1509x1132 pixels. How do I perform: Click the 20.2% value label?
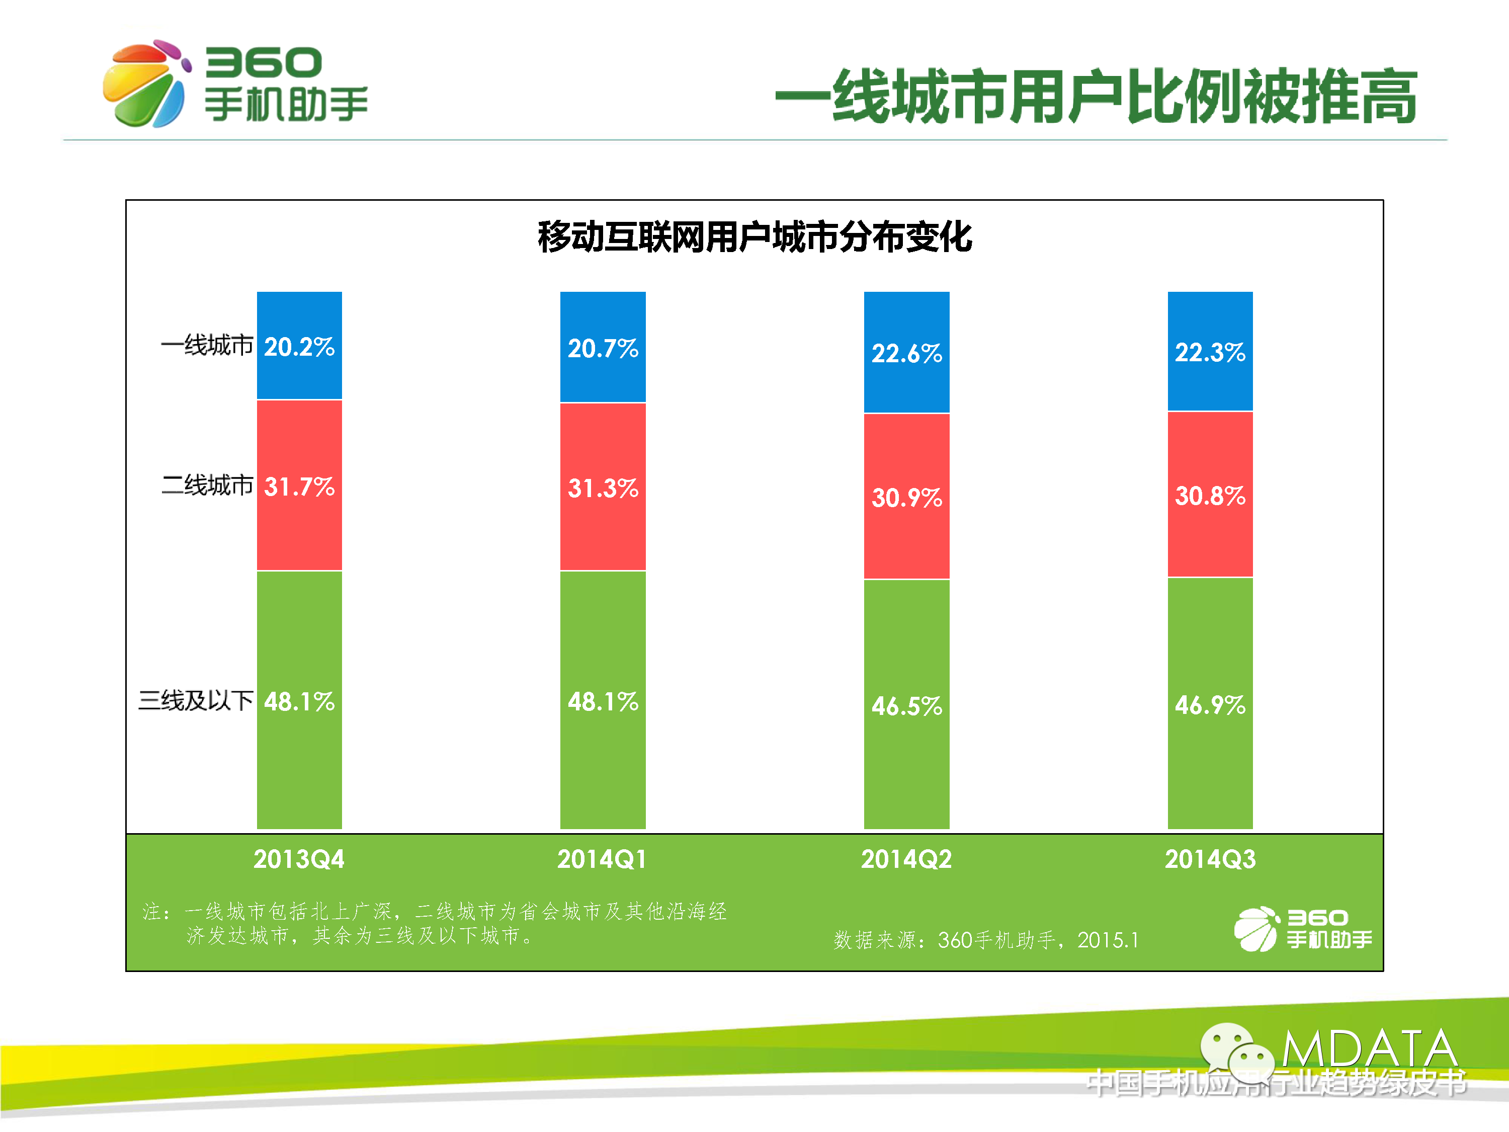point(299,347)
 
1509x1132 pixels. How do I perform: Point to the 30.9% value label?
point(906,498)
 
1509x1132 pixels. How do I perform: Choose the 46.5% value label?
point(906,705)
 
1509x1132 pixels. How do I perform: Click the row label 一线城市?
point(207,345)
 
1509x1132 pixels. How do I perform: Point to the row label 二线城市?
point(207,485)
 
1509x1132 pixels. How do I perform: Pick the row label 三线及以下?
point(196,700)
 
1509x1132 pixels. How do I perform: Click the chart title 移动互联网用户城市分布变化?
point(754,237)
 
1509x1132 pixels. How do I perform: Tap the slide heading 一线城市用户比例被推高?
point(1096,97)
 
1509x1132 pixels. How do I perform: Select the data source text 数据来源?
point(986,940)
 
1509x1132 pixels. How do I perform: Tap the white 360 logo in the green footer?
point(1302,929)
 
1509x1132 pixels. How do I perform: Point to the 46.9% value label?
point(1210,705)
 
